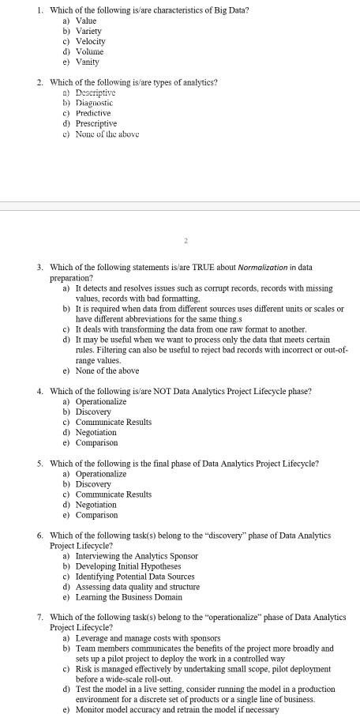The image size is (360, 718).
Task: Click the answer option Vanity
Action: pyautogui.click(x=87, y=62)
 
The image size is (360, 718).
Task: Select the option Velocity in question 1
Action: pyautogui.click(x=90, y=41)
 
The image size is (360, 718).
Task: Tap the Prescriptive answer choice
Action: pyautogui.click(x=96, y=123)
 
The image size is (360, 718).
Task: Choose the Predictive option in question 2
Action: pyautogui.click(x=93, y=113)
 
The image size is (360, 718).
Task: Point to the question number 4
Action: pyautogui.click(x=39, y=391)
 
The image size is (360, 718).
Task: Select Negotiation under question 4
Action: pyautogui.click(x=96, y=432)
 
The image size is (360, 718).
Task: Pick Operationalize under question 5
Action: pyautogui.click(x=100, y=474)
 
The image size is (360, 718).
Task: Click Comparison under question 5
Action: pyautogui.click(x=96, y=515)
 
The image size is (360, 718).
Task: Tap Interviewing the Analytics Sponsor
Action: pyautogui.click(x=136, y=556)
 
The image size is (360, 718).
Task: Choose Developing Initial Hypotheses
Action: pyautogui.click(x=128, y=566)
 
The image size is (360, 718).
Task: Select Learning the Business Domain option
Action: pyautogui.click(x=129, y=597)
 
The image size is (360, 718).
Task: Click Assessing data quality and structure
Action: pyautogui.click(x=137, y=587)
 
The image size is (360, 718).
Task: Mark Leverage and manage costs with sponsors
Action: pyautogui.click(x=148, y=638)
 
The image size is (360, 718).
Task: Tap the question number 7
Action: pyautogui.click(x=39, y=617)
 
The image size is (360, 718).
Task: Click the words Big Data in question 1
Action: pyautogui.click(x=232, y=9)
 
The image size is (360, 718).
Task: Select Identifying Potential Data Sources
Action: pyautogui.click(x=136, y=577)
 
